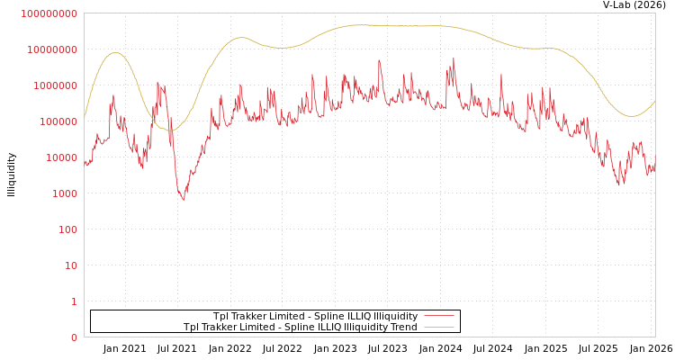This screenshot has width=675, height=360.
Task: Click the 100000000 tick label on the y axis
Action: coord(49,13)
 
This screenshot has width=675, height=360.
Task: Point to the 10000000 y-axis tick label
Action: coord(52,49)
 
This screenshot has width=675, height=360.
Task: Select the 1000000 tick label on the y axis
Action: coord(55,85)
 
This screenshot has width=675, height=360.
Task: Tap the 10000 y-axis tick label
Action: coord(60,157)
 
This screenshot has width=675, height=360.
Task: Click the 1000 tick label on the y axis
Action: coord(63,193)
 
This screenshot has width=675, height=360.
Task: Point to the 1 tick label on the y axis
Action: coord(74,301)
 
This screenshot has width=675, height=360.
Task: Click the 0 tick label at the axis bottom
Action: coord(74,337)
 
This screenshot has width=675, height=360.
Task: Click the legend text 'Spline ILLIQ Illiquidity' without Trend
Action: coord(315,316)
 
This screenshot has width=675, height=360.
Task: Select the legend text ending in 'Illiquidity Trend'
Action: coord(301,327)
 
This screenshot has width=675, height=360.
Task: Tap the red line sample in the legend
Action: coord(438,316)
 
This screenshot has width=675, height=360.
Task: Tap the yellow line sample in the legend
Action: coord(438,327)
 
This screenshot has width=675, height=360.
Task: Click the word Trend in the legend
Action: coord(404,327)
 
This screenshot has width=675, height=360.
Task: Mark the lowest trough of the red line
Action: coord(184,200)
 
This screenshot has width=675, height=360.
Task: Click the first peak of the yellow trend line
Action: coord(114,52)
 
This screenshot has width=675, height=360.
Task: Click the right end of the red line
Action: coord(655,157)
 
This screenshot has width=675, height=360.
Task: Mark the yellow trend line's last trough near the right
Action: coord(632,116)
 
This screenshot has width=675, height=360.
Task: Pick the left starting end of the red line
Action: coord(85,162)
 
